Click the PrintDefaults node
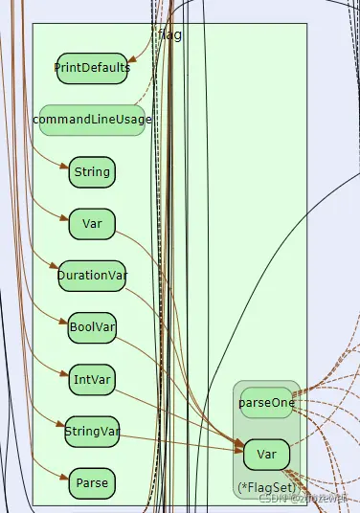tap(92, 68)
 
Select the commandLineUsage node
tap(92, 120)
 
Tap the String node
tap(92, 173)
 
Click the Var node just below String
tap(92, 224)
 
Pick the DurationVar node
tap(92, 276)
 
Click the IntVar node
tap(92, 379)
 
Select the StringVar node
tap(92, 431)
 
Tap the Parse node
tap(92, 482)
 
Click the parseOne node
tap(265, 403)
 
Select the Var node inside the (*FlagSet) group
tap(266, 454)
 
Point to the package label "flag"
tap(169, 35)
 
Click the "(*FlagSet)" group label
tap(266, 487)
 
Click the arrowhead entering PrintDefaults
tap(132, 60)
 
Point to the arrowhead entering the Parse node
tap(64, 477)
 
